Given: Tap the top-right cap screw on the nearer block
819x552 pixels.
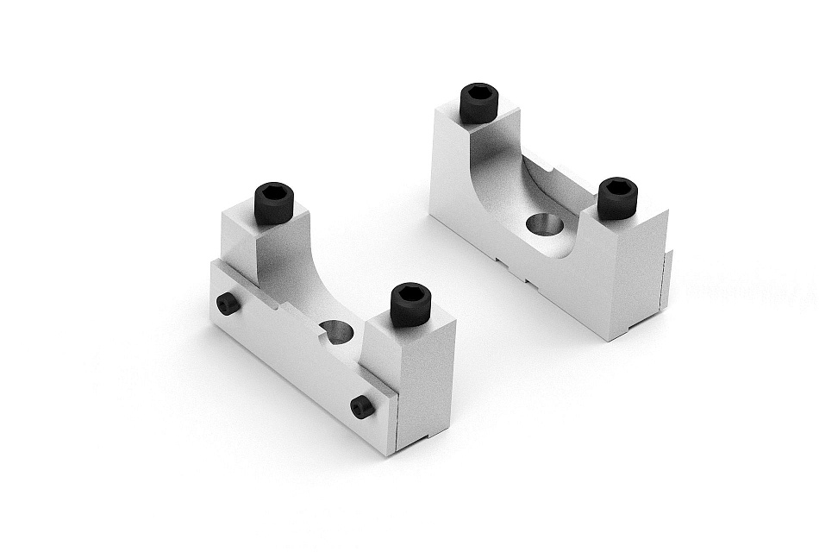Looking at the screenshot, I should pos(410,305).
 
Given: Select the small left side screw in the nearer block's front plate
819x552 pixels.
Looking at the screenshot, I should pos(228,303).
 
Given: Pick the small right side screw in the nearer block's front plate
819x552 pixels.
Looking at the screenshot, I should pos(363,406).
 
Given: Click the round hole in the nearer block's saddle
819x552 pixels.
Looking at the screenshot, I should pos(336,330).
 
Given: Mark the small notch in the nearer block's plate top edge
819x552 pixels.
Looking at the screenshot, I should pos(278,304).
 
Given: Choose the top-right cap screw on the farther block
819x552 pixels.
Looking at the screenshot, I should pos(617,198).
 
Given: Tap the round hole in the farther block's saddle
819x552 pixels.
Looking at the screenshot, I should pos(545,225).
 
